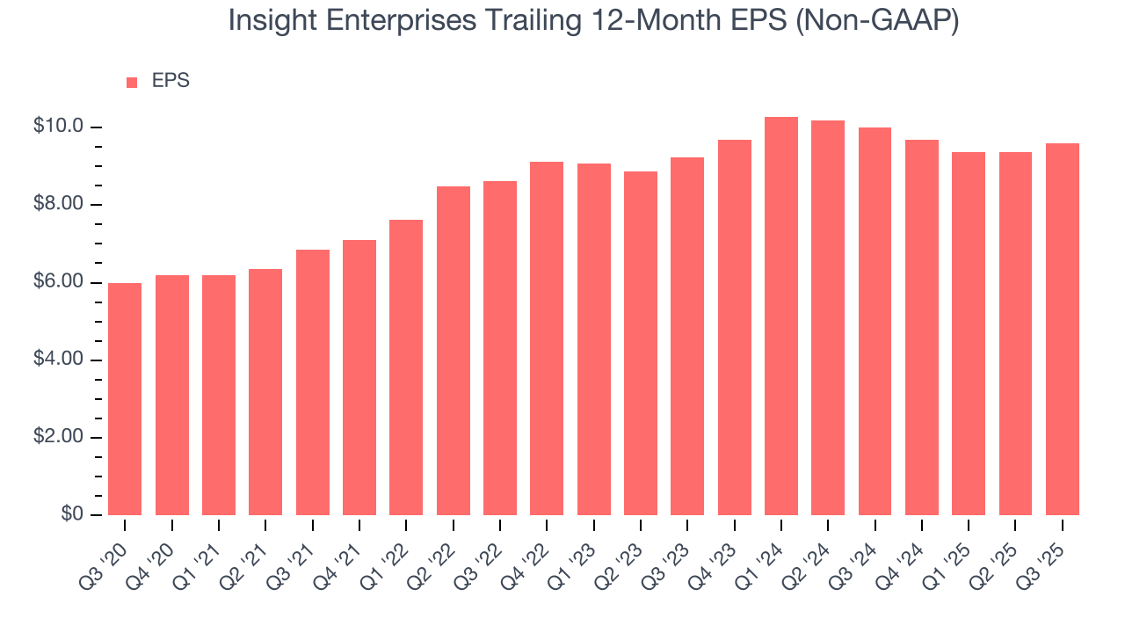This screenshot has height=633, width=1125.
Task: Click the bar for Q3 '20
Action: [x=125, y=399]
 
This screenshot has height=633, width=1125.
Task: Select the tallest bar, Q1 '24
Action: [x=781, y=316]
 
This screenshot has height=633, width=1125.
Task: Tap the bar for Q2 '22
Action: [x=454, y=351]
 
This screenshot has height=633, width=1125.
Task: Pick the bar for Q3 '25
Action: [x=1063, y=330]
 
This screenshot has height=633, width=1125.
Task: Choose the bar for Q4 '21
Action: [x=359, y=378]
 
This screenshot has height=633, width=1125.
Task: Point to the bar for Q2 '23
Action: [x=641, y=344]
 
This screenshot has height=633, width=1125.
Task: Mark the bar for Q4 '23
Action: [x=735, y=328]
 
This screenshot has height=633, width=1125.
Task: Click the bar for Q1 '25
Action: [x=969, y=334]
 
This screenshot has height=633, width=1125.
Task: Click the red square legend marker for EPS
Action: [x=132, y=83]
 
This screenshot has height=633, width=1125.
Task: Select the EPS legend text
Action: [x=171, y=81]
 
